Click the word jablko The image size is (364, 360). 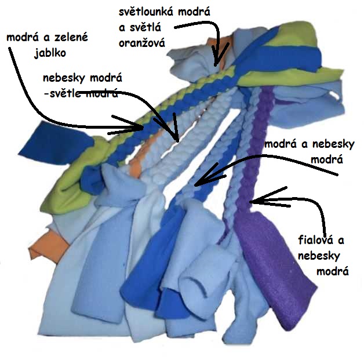click(50, 53)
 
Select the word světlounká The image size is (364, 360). click(147, 12)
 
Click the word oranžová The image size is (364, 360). click(142, 43)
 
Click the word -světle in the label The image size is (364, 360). click(61, 93)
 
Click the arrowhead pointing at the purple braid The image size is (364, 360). click(263, 199)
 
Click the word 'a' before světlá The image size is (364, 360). click(122, 28)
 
